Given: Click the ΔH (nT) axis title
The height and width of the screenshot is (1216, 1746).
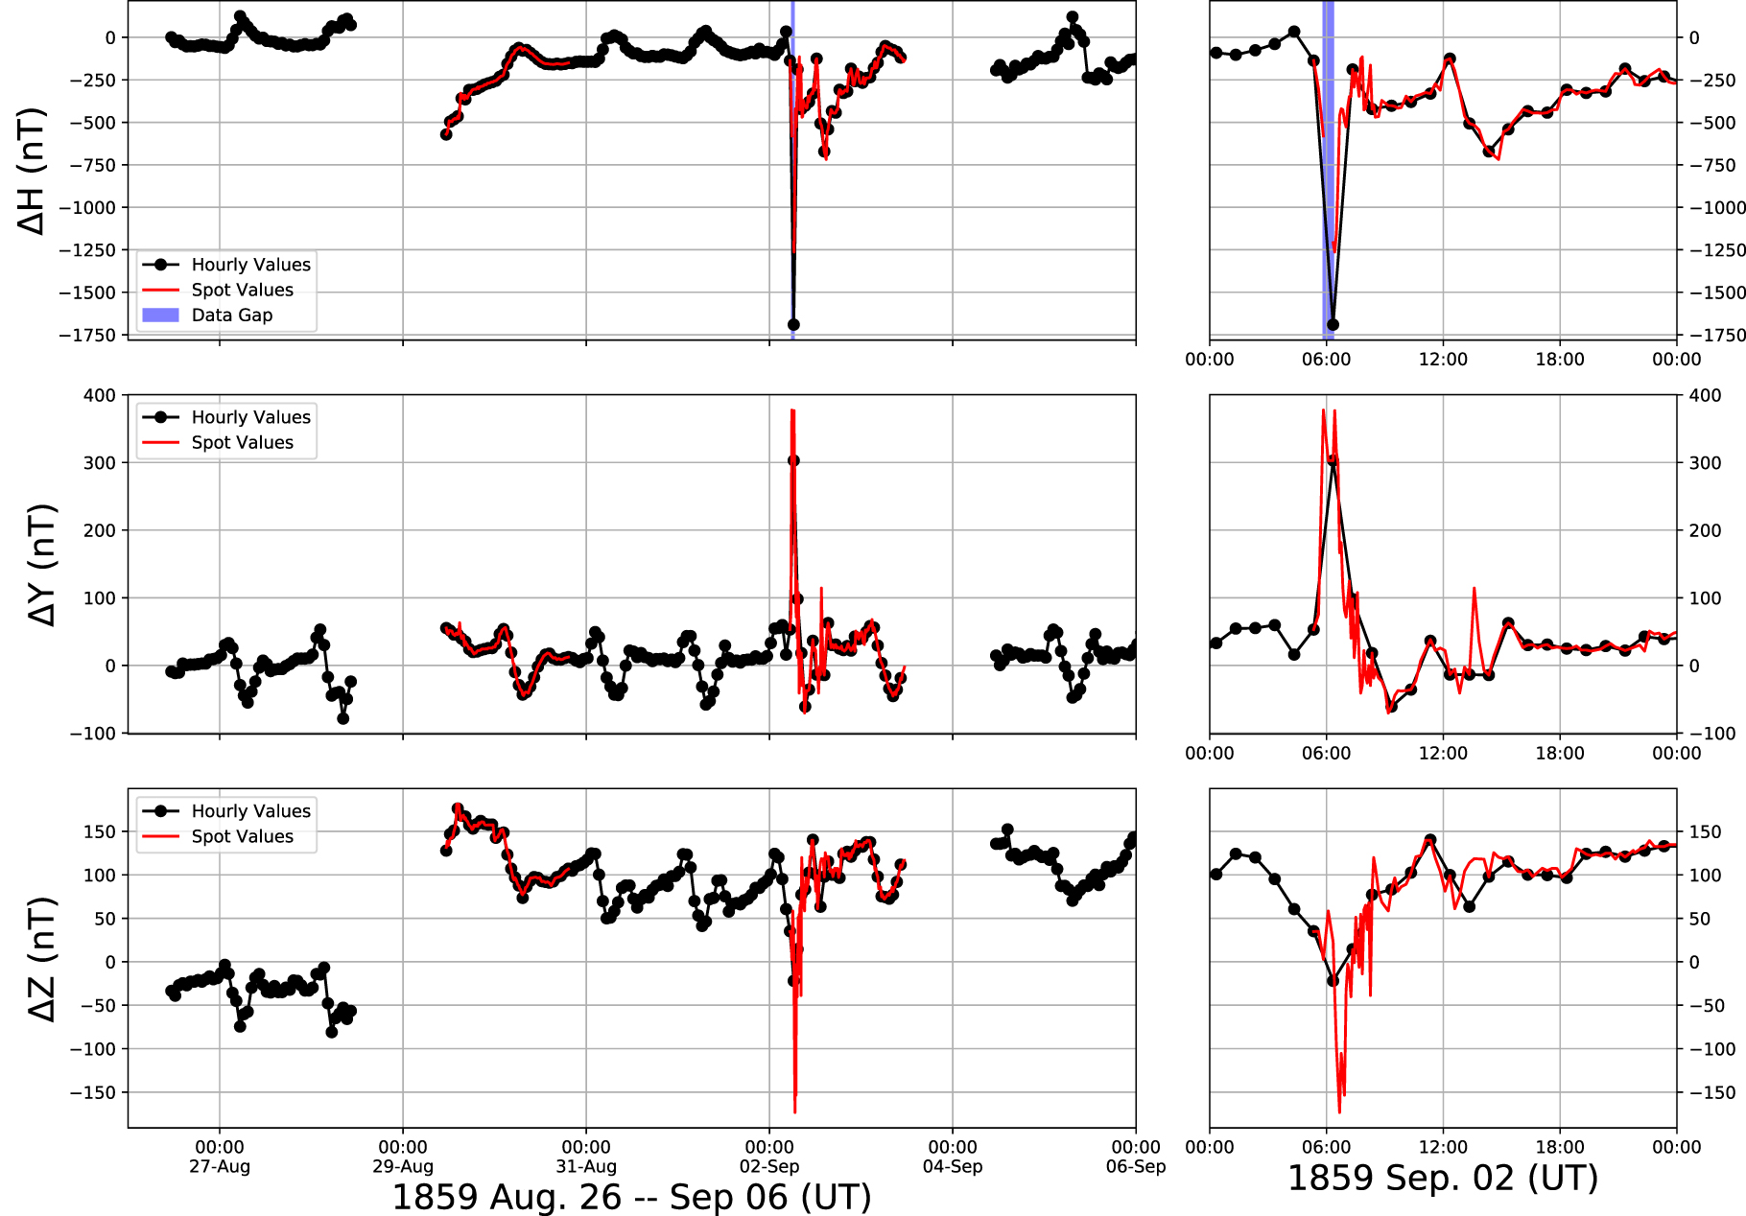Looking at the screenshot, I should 31,171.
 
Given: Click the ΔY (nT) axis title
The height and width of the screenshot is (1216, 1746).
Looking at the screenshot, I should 42,565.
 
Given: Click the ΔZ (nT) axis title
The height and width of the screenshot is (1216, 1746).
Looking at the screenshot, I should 42,959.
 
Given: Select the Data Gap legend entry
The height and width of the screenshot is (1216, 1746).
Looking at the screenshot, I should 231,316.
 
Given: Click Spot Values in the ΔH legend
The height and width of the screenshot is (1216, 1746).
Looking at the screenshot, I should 242,290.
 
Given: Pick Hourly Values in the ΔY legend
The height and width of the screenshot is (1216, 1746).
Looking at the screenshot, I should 250,417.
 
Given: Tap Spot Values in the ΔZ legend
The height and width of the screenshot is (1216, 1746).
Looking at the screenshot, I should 242,836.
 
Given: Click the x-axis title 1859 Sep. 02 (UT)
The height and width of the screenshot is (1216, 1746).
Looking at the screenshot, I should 1442,1178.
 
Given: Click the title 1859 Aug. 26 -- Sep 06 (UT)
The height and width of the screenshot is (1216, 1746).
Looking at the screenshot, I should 631,1197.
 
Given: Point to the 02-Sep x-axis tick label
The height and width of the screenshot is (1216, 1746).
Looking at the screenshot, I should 769,1167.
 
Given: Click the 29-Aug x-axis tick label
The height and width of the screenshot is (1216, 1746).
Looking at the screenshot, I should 403,1167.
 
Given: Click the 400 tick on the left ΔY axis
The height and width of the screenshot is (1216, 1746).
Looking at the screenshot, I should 99,395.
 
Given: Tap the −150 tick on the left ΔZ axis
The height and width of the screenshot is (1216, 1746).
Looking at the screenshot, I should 94,1092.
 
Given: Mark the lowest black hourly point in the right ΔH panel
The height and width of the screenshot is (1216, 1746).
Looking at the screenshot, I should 1333,325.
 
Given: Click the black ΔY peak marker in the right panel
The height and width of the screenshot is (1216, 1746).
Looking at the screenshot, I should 1333,460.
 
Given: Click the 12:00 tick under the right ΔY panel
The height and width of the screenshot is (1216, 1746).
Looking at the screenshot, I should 1443,753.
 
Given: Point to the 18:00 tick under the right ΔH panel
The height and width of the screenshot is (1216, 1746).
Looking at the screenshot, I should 1560,360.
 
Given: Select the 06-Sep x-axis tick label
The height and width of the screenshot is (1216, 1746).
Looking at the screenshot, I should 1136,1167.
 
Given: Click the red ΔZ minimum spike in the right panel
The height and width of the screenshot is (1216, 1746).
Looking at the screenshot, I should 1339,1111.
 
